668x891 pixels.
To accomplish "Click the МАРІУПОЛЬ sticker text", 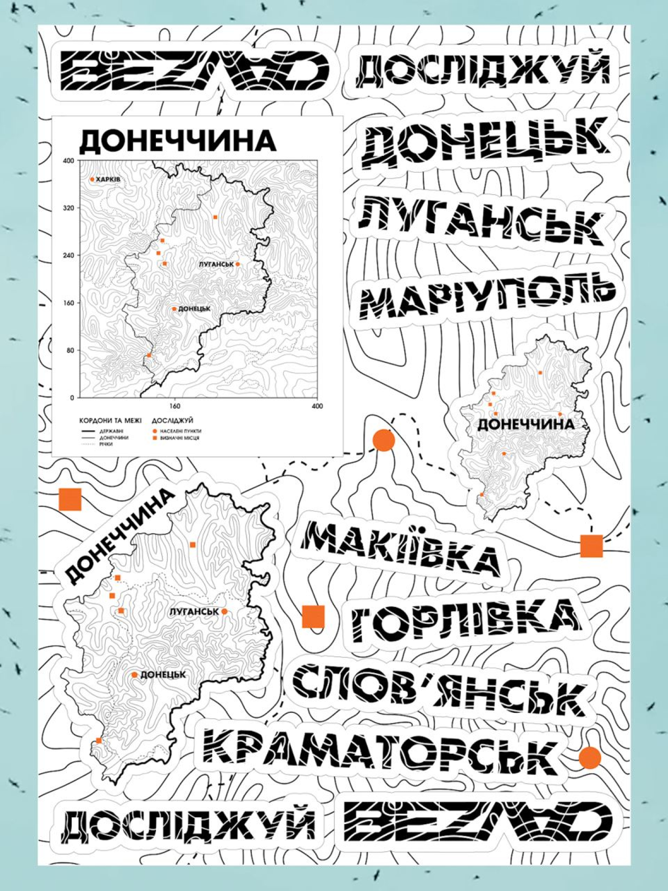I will (x=487, y=295).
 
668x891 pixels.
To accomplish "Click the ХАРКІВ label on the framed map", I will (x=108, y=179).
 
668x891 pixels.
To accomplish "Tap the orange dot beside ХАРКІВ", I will (x=92, y=179).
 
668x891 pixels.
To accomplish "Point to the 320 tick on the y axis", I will (x=68, y=208).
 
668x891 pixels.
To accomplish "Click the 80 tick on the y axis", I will (x=70, y=350).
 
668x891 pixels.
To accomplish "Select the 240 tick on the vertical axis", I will (x=68, y=255).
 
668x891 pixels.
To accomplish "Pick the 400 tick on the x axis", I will (x=317, y=406).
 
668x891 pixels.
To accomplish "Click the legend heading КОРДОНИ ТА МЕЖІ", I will (x=110, y=421).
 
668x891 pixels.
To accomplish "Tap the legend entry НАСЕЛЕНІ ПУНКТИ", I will (x=181, y=431).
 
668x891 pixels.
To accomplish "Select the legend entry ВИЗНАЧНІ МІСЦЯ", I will (x=180, y=438).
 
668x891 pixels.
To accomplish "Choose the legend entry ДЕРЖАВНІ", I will (x=111, y=431).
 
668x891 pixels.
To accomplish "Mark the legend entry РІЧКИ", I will (x=106, y=444).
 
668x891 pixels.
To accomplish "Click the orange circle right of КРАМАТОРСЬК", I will (x=589, y=757).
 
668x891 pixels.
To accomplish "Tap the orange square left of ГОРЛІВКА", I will (x=313, y=616).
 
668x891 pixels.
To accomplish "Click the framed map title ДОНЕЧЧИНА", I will (x=177, y=141).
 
